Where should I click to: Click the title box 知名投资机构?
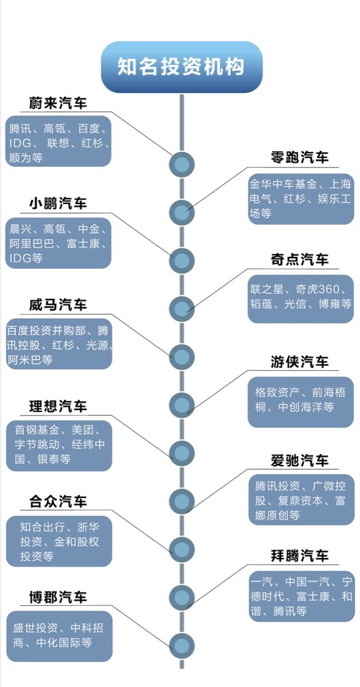pyautogui.click(x=182, y=67)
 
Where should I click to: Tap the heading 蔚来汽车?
pyautogui.click(x=58, y=103)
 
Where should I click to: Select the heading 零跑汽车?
pyautogui.click(x=299, y=157)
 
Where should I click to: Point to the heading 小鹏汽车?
pyautogui.click(x=58, y=204)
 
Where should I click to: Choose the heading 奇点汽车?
pyautogui.click(x=299, y=260)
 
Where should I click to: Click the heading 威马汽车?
pyautogui.click(x=58, y=304)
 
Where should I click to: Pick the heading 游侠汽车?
pyautogui.click(x=299, y=362)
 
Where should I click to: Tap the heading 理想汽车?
pyautogui.click(x=58, y=406)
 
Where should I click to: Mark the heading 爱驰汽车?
pyautogui.click(x=299, y=460)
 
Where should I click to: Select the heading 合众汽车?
pyautogui.click(x=58, y=502)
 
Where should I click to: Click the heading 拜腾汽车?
pyautogui.click(x=299, y=556)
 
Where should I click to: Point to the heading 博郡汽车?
pyautogui.click(x=58, y=597)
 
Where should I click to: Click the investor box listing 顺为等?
pyautogui.click(x=58, y=141)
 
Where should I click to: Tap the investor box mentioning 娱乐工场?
pyautogui.click(x=301, y=199)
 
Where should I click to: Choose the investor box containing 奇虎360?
pyautogui.click(x=301, y=299)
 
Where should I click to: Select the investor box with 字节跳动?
pyautogui.click(x=59, y=446)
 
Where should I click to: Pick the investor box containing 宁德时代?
pyautogui.click(x=302, y=596)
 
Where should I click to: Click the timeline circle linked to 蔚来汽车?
pyautogui.click(x=182, y=164)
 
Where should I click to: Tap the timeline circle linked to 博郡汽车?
pyautogui.click(x=182, y=645)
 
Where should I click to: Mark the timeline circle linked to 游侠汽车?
pyautogui.click(x=182, y=405)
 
